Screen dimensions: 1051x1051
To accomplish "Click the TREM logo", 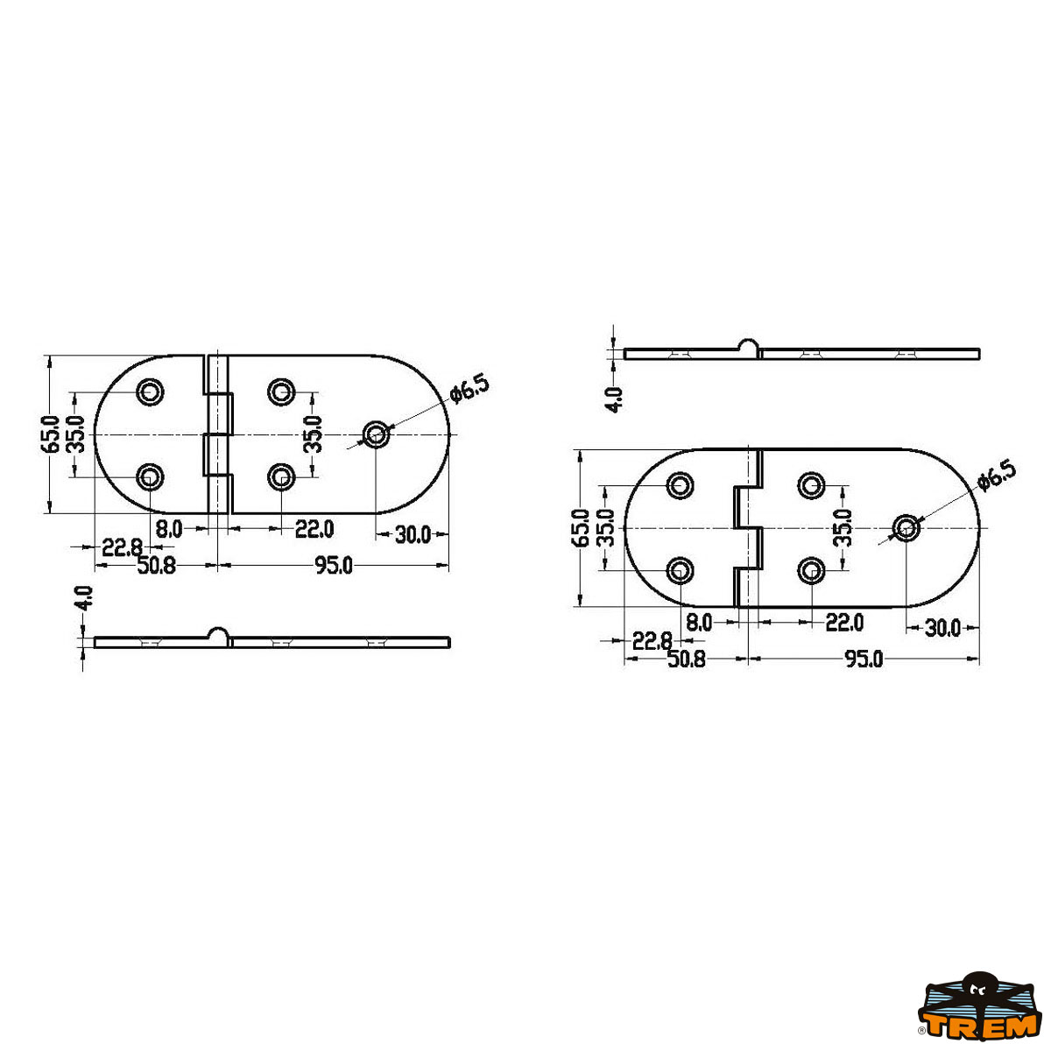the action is (x=981, y=1012).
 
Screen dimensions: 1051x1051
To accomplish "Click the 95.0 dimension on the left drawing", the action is (x=334, y=566).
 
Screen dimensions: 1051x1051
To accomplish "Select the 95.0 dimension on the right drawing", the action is (x=864, y=660).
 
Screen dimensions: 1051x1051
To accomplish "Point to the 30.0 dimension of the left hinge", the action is (x=413, y=535).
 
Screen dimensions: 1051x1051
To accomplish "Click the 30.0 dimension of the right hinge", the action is (x=943, y=628).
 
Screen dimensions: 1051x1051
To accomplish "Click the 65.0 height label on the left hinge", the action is (x=50, y=434).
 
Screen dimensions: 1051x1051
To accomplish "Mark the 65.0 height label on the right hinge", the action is (x=581, y=527).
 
